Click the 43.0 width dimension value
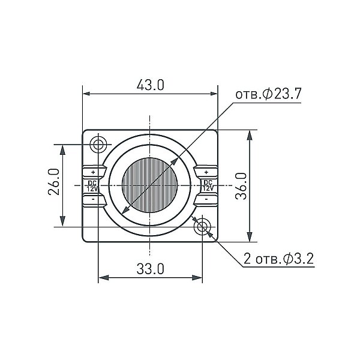(x=151, y=85)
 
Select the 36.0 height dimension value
(x=241, y=186)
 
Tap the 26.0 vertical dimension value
(x=54, y=182)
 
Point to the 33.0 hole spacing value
(x=151, y=269)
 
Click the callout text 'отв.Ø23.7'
(x=268, y=94)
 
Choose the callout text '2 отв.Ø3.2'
(x=278, y=259)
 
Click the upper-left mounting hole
(x=98, y=145)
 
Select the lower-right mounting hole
(x=202, y=227)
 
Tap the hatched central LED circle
(x=149, y=185)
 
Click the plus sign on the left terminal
(x=93, y=172)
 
